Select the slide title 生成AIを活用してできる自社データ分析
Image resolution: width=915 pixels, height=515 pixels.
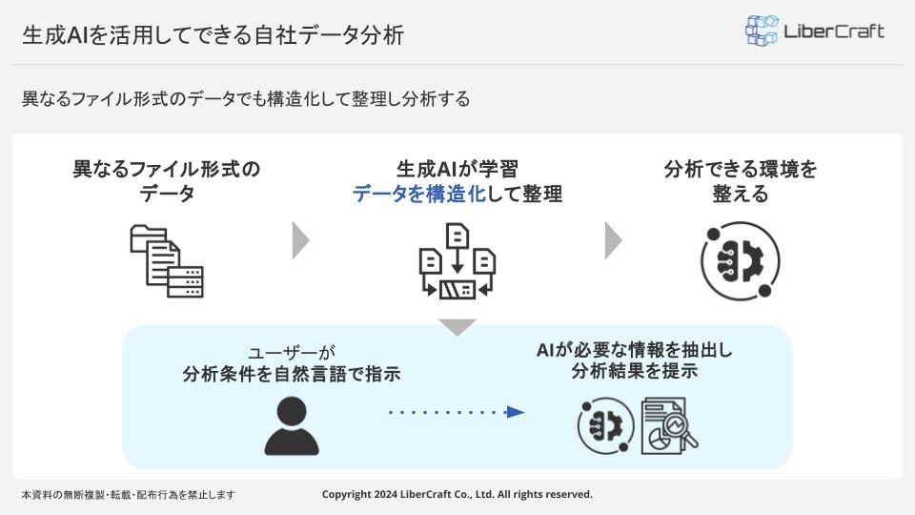coord(213,35)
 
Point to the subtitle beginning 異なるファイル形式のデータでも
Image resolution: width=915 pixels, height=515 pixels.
coord(246,98)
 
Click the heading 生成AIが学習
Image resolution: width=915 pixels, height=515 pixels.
coord(457,170)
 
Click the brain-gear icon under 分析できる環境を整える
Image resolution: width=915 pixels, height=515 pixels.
coord(741,261)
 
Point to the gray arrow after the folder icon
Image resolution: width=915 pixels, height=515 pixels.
coord(300,240)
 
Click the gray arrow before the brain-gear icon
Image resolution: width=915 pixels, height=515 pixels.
coord(613,240)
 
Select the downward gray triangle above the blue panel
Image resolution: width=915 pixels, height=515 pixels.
coord(457,326)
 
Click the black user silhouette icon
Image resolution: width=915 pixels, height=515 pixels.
coord(291,425)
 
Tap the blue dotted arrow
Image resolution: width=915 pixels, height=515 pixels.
coord(457,412)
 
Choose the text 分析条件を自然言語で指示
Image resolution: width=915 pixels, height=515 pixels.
coord(291,374)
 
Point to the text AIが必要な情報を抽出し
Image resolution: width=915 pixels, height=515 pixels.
coord(635,350)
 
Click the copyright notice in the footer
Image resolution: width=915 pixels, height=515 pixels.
coord(457,494)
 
